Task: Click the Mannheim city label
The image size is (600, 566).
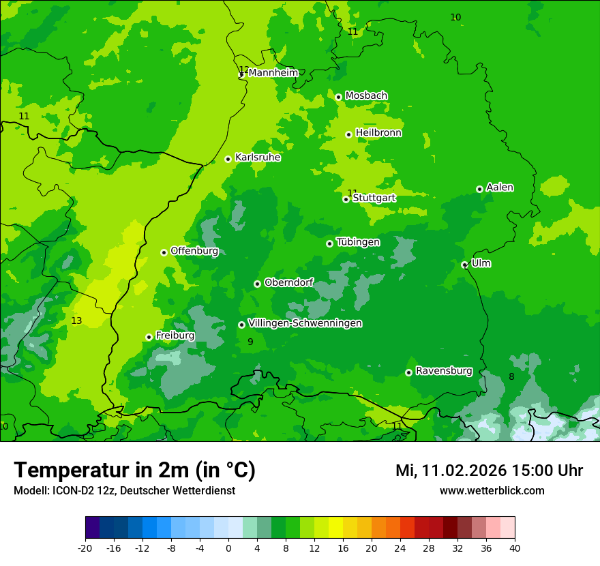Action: tap(273, 73)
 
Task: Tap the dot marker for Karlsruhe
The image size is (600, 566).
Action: tap(228, 159)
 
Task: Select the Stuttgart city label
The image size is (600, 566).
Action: tap(374, 198)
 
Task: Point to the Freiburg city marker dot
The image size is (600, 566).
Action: tap(149, 337)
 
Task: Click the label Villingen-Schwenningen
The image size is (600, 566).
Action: tap(305, 323)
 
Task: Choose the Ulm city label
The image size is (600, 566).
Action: tap(481, 263)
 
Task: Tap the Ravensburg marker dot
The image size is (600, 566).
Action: tap(408, 372)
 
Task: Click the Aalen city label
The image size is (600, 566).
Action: tap(500, 188)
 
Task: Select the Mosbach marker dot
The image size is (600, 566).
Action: tap(338, 97)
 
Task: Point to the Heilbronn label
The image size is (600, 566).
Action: tap(378, 133)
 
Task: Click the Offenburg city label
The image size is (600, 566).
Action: tap(194, 251)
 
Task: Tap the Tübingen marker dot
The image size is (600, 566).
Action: tap(329, 243)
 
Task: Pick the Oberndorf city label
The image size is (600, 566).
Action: tap(288, 282)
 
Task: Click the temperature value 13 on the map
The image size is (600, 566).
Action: tap(76, 321)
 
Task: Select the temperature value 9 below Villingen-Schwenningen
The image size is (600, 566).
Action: tap(250, 342)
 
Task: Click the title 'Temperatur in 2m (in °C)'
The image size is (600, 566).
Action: tap(134, 470)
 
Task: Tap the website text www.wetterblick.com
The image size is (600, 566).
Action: tap(492, 491)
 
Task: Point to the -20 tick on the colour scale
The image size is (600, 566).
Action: tap(85, 548)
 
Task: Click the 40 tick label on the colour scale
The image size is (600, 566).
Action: tap(514, 548)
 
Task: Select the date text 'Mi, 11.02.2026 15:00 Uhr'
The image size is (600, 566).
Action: tap(489, 471)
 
